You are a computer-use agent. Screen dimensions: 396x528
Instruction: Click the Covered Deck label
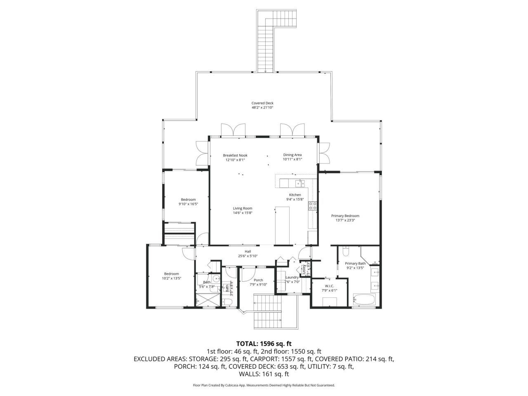pyautogui.click(x=262, y=103)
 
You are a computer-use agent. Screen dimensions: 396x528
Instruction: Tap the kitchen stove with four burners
pyautogui.click(x=313, y=205)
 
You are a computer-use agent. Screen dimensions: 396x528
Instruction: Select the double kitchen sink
pyautogui.click(x=299, y=183)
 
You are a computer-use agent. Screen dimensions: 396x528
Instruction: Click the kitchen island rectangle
pyautogui.click(x=283, y=225)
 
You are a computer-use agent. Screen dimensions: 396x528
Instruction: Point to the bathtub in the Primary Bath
pyautogui.click(x=364, y=300)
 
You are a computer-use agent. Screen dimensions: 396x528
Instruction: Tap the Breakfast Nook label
pyautogui.click(x=235, y=155)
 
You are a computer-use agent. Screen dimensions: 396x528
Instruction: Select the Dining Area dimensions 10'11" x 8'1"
pyautogui.click(x=292, y=159)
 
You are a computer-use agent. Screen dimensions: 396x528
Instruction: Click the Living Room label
pyautogui.click(x=242, y=208)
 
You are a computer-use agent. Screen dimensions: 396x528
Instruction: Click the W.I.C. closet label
pyautogui.click(x=329, y=285)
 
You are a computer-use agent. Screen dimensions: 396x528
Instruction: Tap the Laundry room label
pyautogui.click(x=292, y=277)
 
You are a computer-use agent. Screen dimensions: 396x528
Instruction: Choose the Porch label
pyautogui.click(x=259, y=280)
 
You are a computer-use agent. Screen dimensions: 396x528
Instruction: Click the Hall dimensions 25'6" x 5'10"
pyautogui.click(x=247, y=256)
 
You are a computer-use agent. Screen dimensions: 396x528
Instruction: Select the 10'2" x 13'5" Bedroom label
pyautogui.click(x=171, y=274)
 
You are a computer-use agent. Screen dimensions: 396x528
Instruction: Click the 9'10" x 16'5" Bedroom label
pyautogui.click(x=188, y=200)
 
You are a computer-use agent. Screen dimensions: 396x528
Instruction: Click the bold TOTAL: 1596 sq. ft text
pyautogui.click(x=264, y=343)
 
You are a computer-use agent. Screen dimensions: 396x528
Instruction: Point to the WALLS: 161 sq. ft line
pyautogui.click(x=264, y=374)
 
